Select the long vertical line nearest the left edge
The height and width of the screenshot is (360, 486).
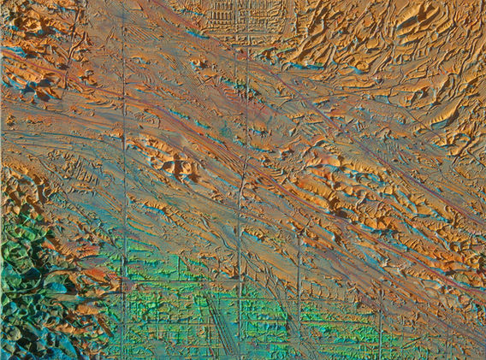[124, 171]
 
